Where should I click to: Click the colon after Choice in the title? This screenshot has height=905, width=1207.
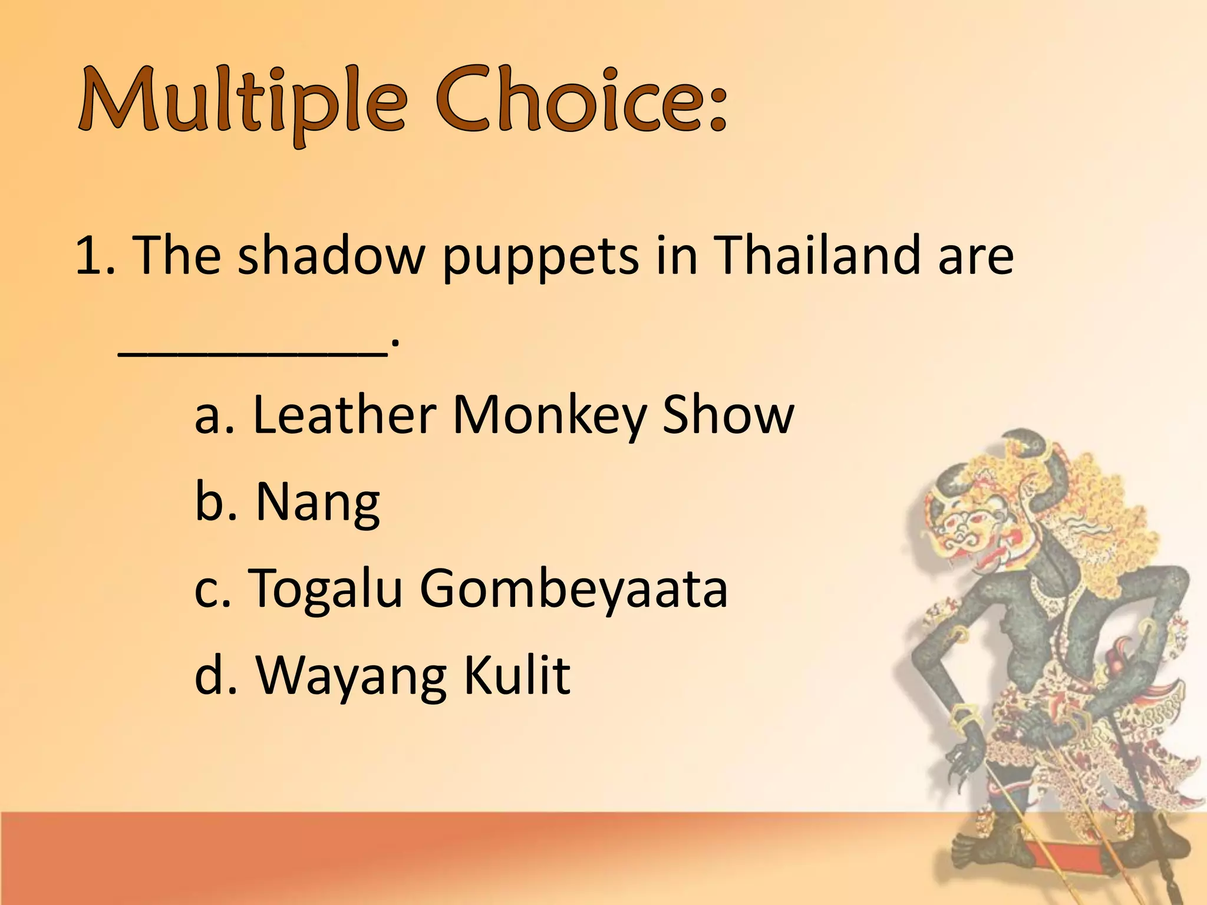pyautogui.click(x=717, y=106)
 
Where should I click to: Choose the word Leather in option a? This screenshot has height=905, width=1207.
pyautogui.click(x=345, y=415)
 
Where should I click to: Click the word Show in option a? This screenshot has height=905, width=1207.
pyautogui.click(x=728, y=415)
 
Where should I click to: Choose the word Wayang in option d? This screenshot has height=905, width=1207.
pyautogui.click(x=351, y=676)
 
